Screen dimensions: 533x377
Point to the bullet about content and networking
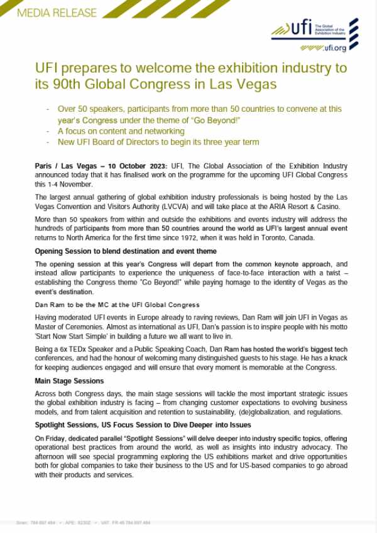point(121,131)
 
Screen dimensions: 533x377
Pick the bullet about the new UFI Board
point(158,142)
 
